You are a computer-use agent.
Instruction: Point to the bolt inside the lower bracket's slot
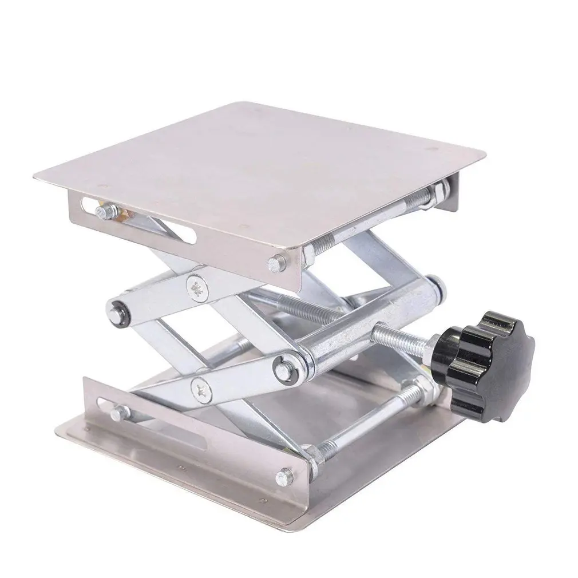pyautogui.click(x=120, y=410)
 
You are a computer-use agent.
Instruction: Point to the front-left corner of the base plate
pyautogui.click(x=57, y=429)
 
